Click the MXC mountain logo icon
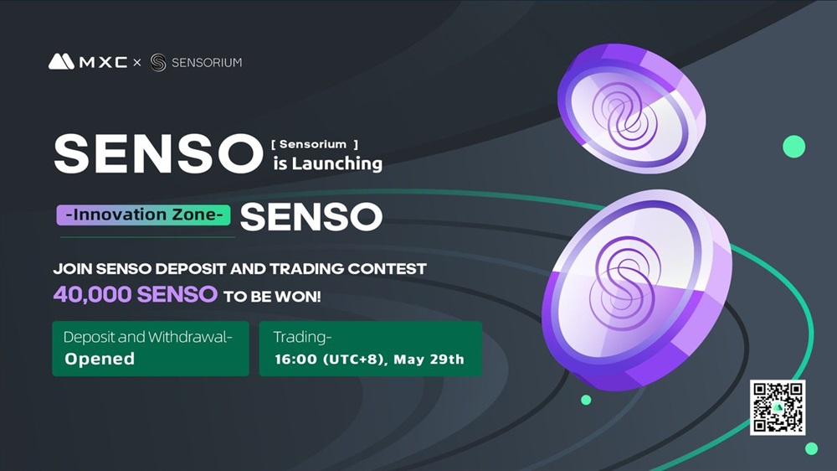(61, 61)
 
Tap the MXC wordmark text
(103, 63)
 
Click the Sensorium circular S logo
(158, 63)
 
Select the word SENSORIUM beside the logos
(207, 63)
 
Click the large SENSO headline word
(158, 154)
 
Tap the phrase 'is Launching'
(328, 163)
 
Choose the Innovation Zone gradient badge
(144, 215)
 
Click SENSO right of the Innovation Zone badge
(311, 216)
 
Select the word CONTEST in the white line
(387, 268)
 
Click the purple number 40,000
(92, 294)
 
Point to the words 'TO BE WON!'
(272, 296)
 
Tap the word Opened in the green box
(100, 359)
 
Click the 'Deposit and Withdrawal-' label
(148, 337)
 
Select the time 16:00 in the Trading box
(296, 360)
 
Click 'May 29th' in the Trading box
(429, 360)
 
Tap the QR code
(778, 407)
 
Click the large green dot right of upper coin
(793, 147)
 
